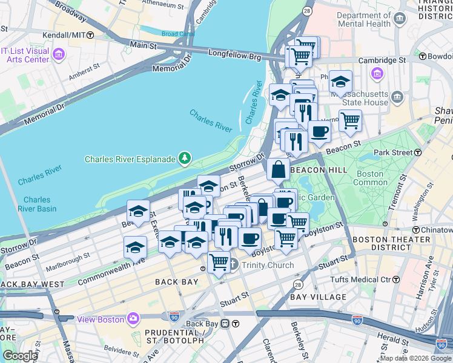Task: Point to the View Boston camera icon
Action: [133, 318]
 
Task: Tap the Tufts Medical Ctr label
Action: [360, 279]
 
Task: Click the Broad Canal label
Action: [177, 34]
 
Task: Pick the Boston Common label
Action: [369, 178]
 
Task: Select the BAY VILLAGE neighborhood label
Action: [318, 297]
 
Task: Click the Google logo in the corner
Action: [20, 356]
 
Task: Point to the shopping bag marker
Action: [278, 171]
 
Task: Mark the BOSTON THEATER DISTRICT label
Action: [391, 243]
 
